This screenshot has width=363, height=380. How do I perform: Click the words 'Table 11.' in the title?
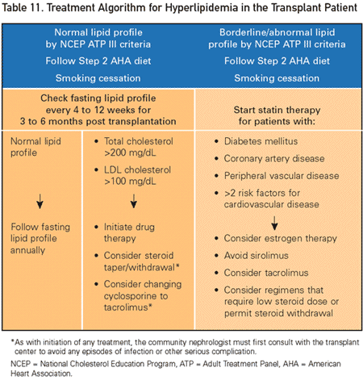pyautogui.click(x=23, y=8)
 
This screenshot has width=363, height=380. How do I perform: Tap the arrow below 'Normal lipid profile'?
pyautogui.click(x=40, y=201)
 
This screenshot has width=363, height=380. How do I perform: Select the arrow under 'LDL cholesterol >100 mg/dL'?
pyautogui.click(x=134, y=201)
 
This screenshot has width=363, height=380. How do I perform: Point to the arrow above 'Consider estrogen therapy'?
pyautogui.click(x=274, y=223)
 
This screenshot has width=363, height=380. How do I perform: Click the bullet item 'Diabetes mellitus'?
pyautogui.click(x=261, y=141)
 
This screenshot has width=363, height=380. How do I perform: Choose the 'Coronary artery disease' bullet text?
pyautogui.click(x=274, y=158)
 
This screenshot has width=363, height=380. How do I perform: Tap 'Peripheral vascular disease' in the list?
pyautogui.click(x=282, y=176)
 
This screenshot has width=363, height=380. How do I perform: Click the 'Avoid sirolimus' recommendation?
pyautogui.click(x=256, y=255)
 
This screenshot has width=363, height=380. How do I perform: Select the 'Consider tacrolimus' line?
pyautogui.click(x=266, y=273)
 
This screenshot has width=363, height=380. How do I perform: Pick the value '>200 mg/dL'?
pyautogui.click(x=130, y=152)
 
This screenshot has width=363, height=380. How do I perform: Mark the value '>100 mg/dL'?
pyautogui.click(x=130, y=182)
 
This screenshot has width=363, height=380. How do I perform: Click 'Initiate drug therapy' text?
pyautogui.click(x=129, y=232)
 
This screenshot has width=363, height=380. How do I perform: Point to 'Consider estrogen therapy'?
pyautogui.click(x=280, y=238)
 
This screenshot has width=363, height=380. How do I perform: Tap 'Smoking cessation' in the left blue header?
pyautogui.click(x=98, y=78)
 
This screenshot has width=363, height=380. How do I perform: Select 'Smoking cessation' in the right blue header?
pyautogui.click(x=277, y=78)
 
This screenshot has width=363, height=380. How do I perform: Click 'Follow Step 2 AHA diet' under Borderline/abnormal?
pyautogui.click(x=277, y=61)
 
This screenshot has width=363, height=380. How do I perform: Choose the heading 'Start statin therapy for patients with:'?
pyautogui.click(x=277, y=115)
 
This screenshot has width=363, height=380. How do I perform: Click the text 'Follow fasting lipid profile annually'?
pyautogui.click(x=40, y=238)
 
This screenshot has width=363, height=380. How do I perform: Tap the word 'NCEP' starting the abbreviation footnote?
pyautogui.click(x=20, y=364)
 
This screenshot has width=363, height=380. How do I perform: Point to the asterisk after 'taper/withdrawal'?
pyautogui.click(x=177, y=266)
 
